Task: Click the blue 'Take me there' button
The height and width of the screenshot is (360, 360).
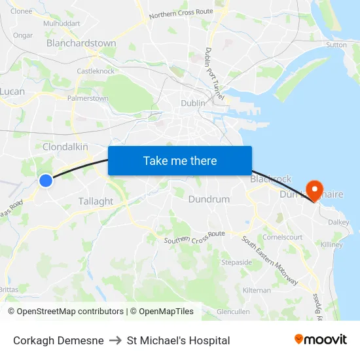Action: pyautogui.click(x=179, y=160)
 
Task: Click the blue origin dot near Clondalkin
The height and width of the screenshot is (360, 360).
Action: pyautogui.click(x=46, y=180)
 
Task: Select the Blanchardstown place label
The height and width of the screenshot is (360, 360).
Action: pyautogui.click(x=81, y=43)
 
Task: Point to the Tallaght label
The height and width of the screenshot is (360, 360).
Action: pyautogui.click(x=96, y=202)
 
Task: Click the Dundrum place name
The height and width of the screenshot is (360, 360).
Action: pyautogui.click(x=209, y=199)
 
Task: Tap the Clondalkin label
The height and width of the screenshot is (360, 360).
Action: pyautogui.click(x=65, y=147)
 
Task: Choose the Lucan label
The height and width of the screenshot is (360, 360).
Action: pyautogui.click(x=12, y=92)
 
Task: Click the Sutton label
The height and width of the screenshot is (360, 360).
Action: pyautogui.click(x=336, y=45)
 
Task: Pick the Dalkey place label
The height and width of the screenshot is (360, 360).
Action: pyautogui.click(x=338, y=223)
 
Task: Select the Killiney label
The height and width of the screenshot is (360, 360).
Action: pyautogui.click(x=332, y=245)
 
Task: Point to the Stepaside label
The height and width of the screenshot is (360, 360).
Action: pyautogui.click(x=236, y=262)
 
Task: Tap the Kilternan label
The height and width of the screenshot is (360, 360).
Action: pyautogui.click(x=257, y=290)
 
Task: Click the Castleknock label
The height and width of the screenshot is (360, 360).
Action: pyautogui.click(x=96, y=71)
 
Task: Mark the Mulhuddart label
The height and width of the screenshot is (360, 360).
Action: pyautogui.click(x=61, y=24)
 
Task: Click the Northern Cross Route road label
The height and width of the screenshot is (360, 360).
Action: pyautogui.click(x=181, y=13)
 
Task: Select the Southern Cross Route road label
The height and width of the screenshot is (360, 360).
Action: pyautogui.click(x=194, y=237)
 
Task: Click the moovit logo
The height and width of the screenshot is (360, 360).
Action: pyautogui.click(x=321, y=340)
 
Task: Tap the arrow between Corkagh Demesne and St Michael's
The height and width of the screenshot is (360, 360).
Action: pyautogui.click(x=115, y=340)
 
